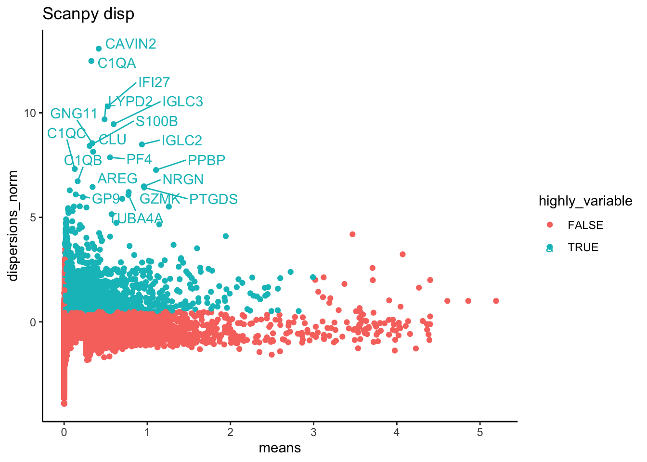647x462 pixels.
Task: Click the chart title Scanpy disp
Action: (x=88, y=14)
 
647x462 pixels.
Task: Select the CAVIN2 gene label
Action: (x=130, y=44)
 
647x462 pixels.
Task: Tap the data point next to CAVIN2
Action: (x=99, y=49)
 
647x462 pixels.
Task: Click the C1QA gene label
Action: (x=116, y=63)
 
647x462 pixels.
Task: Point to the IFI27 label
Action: (x=154, y=82)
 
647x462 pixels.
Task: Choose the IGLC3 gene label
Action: (x=182, y=102)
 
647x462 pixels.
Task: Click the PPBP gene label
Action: (x=207, y=160)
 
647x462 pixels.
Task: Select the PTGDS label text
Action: (x=213, y=199)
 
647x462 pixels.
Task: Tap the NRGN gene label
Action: (x=183, y=180)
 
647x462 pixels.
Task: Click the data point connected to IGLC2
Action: (x=142, y=144)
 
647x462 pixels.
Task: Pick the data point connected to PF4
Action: (x=110, y=157)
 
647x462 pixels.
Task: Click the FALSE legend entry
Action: (x=585, y=225)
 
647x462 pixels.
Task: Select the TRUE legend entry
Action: (x=583, y=247)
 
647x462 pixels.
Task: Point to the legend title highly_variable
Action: (x=585, y=201)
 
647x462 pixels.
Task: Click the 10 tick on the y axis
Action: (x=30, y=113)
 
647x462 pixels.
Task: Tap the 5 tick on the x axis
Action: (x=480, y=432)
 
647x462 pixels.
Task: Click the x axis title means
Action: (x=280, y=448)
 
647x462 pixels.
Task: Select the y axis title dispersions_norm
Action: (x=13, y=226)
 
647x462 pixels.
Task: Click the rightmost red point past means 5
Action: (x=496, y=301)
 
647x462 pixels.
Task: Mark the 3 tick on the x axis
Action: (x=313, y=432)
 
